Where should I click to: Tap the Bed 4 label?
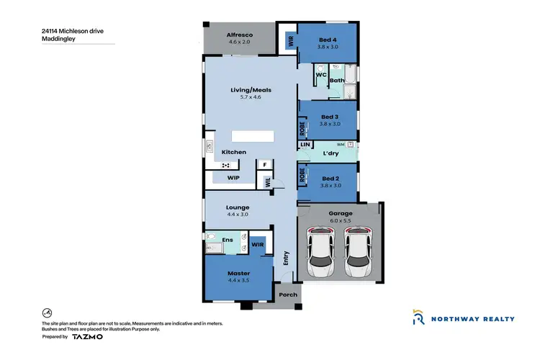tap(328, 39)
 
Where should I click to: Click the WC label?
tap(322, 73)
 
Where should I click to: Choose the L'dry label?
tap(331, 153)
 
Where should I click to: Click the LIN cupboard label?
tap(305, 145)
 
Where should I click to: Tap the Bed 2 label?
tap(330, 178)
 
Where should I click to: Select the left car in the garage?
tap(320, 251)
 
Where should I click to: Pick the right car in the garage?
tap(358, 251)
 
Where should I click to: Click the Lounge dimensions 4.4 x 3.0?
tap(238, 215)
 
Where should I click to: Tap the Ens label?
tap(227, 240)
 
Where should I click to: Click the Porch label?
tap(287, 294)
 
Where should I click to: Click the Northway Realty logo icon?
tap(418, 318)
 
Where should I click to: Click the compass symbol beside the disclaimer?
tap(47, 313)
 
